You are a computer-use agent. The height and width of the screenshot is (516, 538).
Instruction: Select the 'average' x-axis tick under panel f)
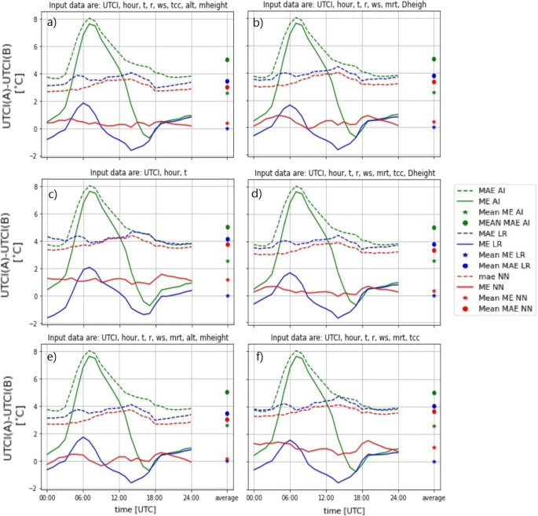[x=433, y=496]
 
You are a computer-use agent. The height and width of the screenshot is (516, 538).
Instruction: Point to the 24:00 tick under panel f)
[x=398, y=496]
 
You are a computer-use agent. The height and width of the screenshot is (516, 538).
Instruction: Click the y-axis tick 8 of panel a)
[x=35, y=19]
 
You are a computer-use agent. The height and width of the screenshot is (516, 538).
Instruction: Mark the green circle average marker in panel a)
[x=227, y=60]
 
